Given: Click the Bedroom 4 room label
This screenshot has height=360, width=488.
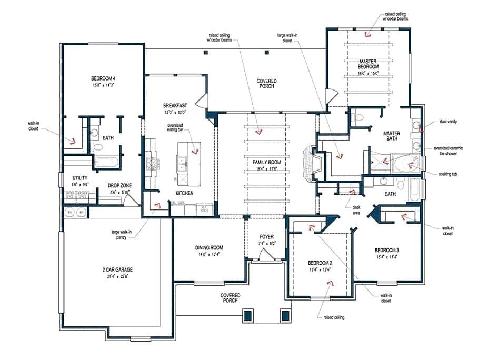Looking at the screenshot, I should pyautogui.click(x=103, y=78).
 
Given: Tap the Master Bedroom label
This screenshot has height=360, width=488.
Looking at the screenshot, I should pyautogui.click(x=369, y=64).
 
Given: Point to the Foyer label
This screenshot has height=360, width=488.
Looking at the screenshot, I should pyautogui.click(x=265, y=237).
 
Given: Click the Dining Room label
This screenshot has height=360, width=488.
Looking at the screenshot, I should pyautogui.click(x=209, y=247).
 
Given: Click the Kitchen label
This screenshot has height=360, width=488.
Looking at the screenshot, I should pyautogui.click(x=184, y=193).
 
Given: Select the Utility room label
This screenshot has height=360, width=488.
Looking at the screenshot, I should pyautogui.click(x=73, y=178).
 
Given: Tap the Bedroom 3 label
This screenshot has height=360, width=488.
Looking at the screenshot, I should pyautogui.click(x=387, y=249).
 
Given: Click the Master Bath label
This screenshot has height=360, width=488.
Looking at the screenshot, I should pyautogui.click(x=392, y=136).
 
